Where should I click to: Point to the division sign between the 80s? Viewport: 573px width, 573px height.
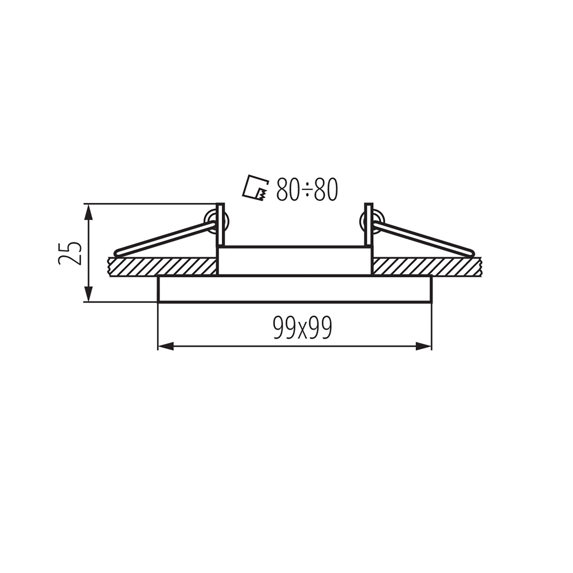tap(307, 190)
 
